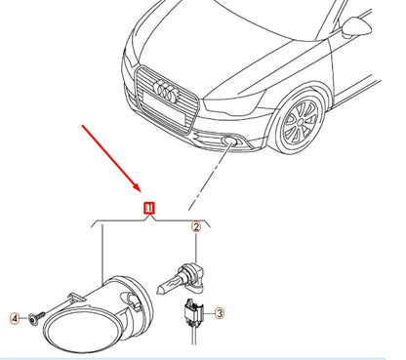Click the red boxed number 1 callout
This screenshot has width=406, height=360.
(x=149, y=208)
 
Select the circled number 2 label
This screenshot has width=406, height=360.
(x=196, y=228)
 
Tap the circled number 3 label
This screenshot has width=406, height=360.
(x=220, y=313)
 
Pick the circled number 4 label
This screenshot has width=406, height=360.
(x=15, y=317)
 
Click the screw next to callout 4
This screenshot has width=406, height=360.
(x=34, y=317)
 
